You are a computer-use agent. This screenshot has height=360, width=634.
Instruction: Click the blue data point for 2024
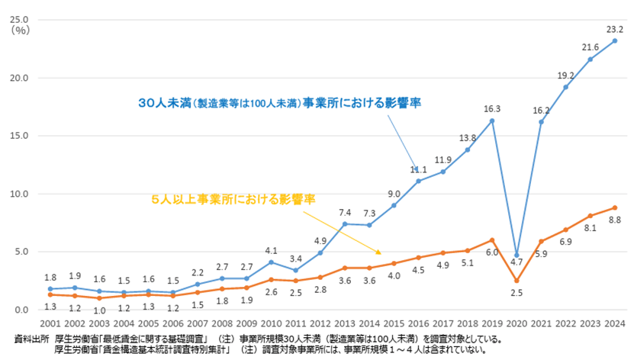coord(615,40)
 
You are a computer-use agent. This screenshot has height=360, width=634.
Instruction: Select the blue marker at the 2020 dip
coord(517,255)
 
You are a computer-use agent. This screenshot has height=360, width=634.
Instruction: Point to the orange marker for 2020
coord(517,280)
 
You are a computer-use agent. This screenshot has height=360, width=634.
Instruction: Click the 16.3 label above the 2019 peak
coord(492,108)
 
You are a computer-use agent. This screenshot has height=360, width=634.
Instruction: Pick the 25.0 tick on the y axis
coord(20,19)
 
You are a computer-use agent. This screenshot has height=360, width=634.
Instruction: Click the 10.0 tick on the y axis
coord(20,194)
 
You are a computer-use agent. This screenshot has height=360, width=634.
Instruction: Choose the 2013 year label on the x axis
coord(345,323)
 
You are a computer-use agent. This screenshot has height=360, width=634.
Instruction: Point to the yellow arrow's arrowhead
coord(377,251)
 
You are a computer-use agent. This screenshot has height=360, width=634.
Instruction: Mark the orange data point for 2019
coord(492,240)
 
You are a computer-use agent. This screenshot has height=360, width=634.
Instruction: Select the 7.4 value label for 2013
coord(345,212)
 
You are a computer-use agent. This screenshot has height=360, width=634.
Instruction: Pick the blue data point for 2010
coord(271,262)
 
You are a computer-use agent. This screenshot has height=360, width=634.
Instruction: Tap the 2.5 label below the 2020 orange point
coord(517,293)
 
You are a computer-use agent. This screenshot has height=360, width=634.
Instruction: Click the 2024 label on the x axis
coord(615,323)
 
